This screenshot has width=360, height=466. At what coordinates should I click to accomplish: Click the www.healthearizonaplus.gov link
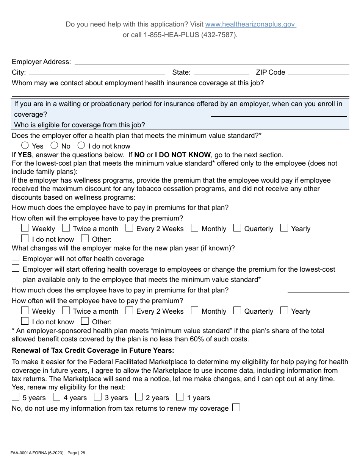[x=250, y=24]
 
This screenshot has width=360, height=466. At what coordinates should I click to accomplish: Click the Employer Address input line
[x=211, y=62]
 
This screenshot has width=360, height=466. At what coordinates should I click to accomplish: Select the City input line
[x=97, y=72]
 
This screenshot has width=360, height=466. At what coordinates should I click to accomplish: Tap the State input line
[x=221, y=72]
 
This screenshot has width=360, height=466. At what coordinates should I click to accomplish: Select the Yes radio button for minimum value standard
[x=25, y=145]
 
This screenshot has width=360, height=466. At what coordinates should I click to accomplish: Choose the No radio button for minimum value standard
[x=54, y=145]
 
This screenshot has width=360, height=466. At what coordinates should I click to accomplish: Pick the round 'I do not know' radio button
[x=81, y=145]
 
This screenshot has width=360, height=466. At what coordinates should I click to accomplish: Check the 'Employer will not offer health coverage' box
[x=16, y=258]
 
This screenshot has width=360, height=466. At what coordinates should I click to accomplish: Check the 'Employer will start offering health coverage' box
[x=16, y=269]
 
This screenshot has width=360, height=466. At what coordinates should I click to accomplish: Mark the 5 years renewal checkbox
[x=16, y=397]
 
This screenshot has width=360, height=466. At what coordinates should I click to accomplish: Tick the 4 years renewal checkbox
[x=56, y=397]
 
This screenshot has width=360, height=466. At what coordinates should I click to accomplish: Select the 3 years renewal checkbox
[x=98, y=397]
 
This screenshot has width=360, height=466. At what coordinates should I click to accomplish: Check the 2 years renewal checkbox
[x=139, y=397]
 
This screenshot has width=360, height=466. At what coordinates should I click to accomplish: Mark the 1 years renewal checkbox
[x=180, y=397]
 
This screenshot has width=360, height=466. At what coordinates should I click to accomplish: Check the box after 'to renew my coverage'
[x=236, y=408]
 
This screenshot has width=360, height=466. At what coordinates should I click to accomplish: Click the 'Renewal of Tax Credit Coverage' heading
[x=93, y=350]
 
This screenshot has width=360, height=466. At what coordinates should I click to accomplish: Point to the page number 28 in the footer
[x=83, y=453]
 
